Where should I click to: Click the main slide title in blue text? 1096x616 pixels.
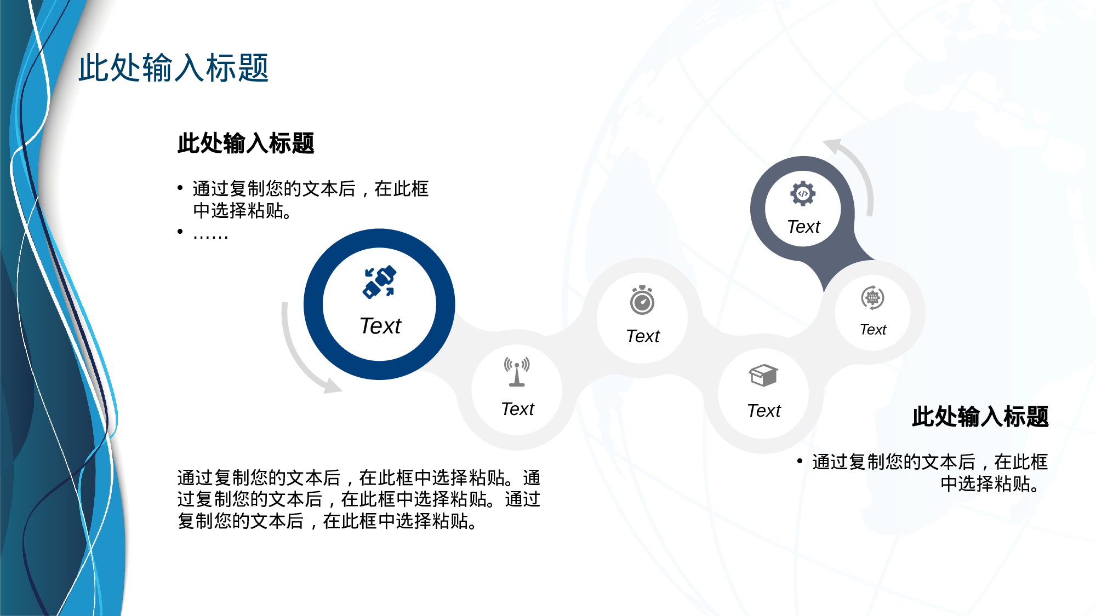173,68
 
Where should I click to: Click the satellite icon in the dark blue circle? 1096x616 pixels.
379,282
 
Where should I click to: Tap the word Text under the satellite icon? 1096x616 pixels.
380,326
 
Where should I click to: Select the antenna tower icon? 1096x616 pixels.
517,372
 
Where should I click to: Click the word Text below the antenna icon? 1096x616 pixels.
517,409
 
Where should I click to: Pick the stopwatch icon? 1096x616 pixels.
642,300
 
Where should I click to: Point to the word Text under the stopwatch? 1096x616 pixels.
643,336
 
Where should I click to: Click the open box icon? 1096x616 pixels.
763,376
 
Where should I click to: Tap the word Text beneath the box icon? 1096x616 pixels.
764,411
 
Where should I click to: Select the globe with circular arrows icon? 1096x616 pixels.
872,298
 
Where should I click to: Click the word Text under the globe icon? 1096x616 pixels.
873,330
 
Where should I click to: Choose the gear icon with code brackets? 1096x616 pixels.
803,193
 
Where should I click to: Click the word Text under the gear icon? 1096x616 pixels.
803,227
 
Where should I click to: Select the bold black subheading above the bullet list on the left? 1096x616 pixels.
246,143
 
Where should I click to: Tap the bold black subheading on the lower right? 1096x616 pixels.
980,417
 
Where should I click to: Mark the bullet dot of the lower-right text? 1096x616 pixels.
800,462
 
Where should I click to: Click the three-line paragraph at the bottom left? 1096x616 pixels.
359,499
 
